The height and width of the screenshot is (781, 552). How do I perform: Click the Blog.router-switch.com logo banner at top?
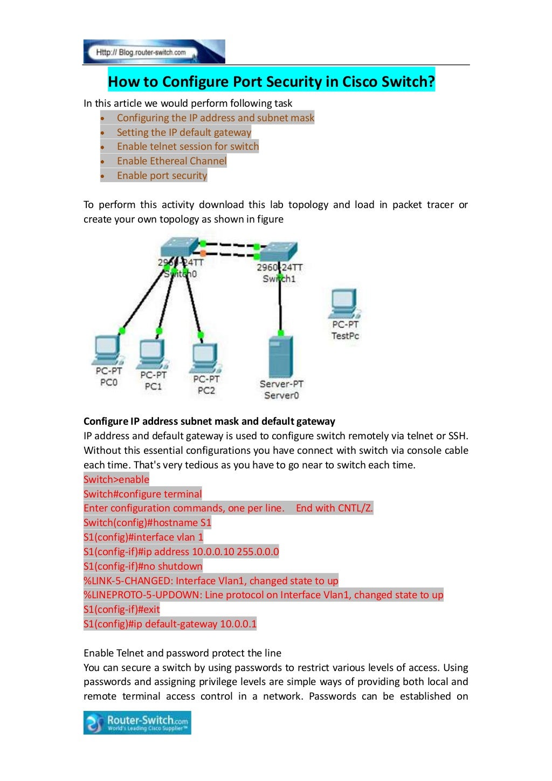(x=154, y=52)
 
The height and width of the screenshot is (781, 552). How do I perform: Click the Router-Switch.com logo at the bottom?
(x=137, y=722)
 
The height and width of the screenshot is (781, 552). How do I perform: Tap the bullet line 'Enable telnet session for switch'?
(x=188, y=147)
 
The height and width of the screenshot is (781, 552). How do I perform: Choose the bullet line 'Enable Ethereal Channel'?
(x=171, y=161)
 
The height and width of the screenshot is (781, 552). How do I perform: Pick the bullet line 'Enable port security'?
(x=162, y=176)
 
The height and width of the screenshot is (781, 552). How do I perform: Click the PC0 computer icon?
(x=107, y=350)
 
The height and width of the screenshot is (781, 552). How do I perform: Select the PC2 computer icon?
(x=205, y=357)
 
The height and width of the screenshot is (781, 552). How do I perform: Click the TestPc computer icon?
(x=344, y=303)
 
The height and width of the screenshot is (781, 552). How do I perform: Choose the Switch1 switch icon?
(x=278, y=252)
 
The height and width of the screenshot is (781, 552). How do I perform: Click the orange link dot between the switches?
(x=203, y=253)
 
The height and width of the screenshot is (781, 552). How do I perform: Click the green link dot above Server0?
(x=280, y=333)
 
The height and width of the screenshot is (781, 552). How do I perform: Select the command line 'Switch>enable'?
(x=116, y=480)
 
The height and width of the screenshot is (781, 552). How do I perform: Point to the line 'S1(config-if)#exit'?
(x=122, y=610)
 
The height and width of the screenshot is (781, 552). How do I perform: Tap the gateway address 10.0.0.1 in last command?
(x=238, y=624)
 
